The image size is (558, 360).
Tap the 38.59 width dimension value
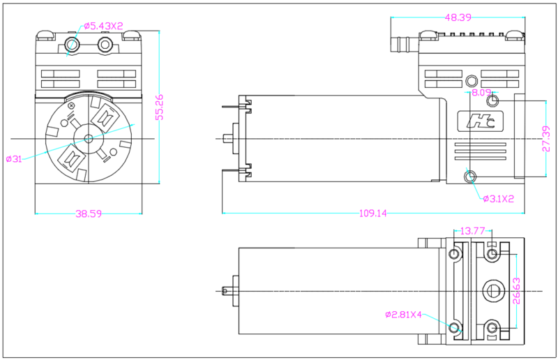click(x=89, y=214)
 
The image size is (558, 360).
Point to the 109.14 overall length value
click(x=372, y=213)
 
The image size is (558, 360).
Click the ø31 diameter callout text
click(x=14, y=159)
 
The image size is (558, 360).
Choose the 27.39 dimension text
click(x=546, y=138)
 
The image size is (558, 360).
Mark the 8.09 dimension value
click(x=481, y=92)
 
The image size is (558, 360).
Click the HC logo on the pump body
click(x=481, y=121)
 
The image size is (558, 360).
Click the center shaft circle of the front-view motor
click(x=88, y=137)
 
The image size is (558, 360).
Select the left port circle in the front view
click(x=71, y=45)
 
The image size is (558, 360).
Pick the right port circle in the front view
click(x=105, y=45)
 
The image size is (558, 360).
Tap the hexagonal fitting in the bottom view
click(x=493, y=290)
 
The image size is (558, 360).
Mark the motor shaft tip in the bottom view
click(x=225, y=290)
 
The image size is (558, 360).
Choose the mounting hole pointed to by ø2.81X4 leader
click(x=455, y=327)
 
